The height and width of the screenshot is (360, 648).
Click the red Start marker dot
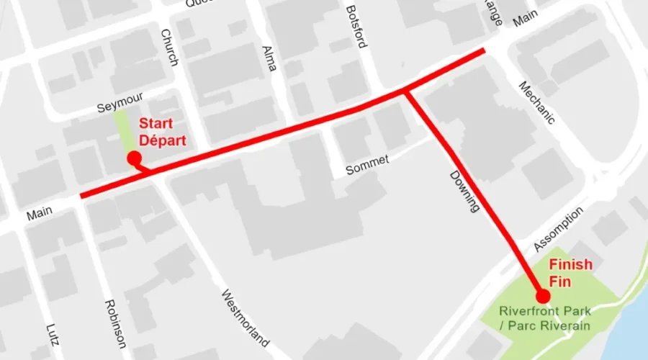point(133,158)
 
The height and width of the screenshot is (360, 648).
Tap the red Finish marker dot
point(543,296)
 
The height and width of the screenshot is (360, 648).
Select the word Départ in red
point(163,140)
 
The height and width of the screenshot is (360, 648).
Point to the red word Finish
point(571,265)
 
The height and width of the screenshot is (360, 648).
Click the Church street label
point(169,48)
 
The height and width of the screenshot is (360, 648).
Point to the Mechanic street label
point(536,102)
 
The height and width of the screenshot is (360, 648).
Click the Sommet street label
point(367,165)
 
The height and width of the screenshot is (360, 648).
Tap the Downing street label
point(464,190)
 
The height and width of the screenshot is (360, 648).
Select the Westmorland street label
point(245,318)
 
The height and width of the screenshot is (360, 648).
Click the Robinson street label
point(115,324)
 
